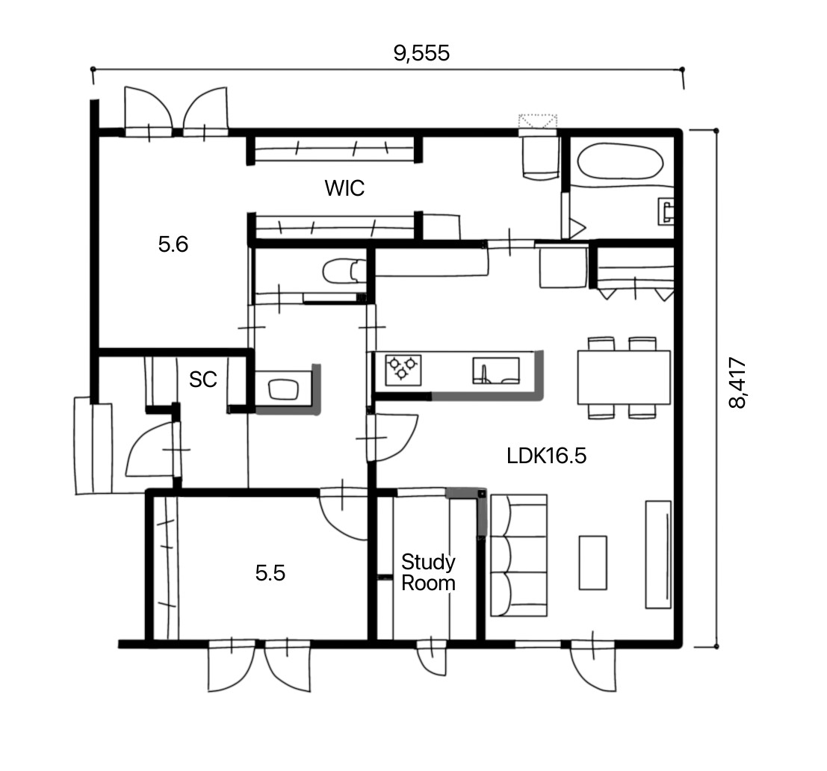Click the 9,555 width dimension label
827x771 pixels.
(421, 53)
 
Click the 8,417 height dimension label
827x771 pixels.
(737, 383)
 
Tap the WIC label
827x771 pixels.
(344, 188)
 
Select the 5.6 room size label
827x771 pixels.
(173, 244)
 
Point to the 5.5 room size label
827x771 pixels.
(270, 573)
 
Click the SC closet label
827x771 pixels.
(203, 380)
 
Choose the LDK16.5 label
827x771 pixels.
(546, 456)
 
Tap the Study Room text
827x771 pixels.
(428, 573)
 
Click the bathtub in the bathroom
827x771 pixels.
(620, 163)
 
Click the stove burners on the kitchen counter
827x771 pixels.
(403, 369)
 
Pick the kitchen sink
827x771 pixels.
(496, 371)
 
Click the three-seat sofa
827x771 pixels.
(519, 555)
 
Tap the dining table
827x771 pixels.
(624, 377)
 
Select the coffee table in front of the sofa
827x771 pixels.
(593, 563)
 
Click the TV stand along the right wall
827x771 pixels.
(659, 555)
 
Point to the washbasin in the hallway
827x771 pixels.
(284, 390)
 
